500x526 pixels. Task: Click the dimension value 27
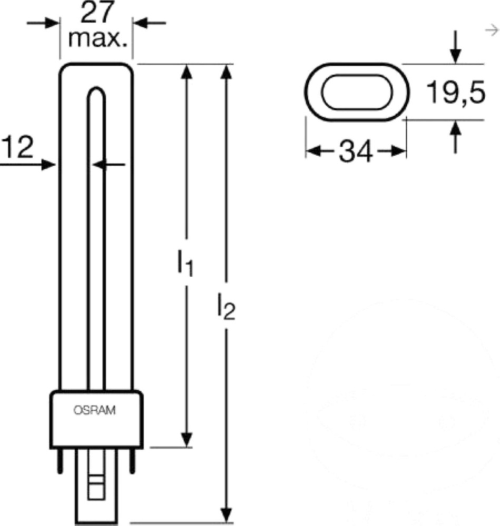coord(96,13)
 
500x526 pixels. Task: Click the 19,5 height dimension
coord(456,92)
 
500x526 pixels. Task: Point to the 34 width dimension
coord(356,151)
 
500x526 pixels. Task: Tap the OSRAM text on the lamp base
coord(95,410)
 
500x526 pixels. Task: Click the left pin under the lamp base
coord(60,461)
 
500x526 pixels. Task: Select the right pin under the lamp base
coord(132,461)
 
